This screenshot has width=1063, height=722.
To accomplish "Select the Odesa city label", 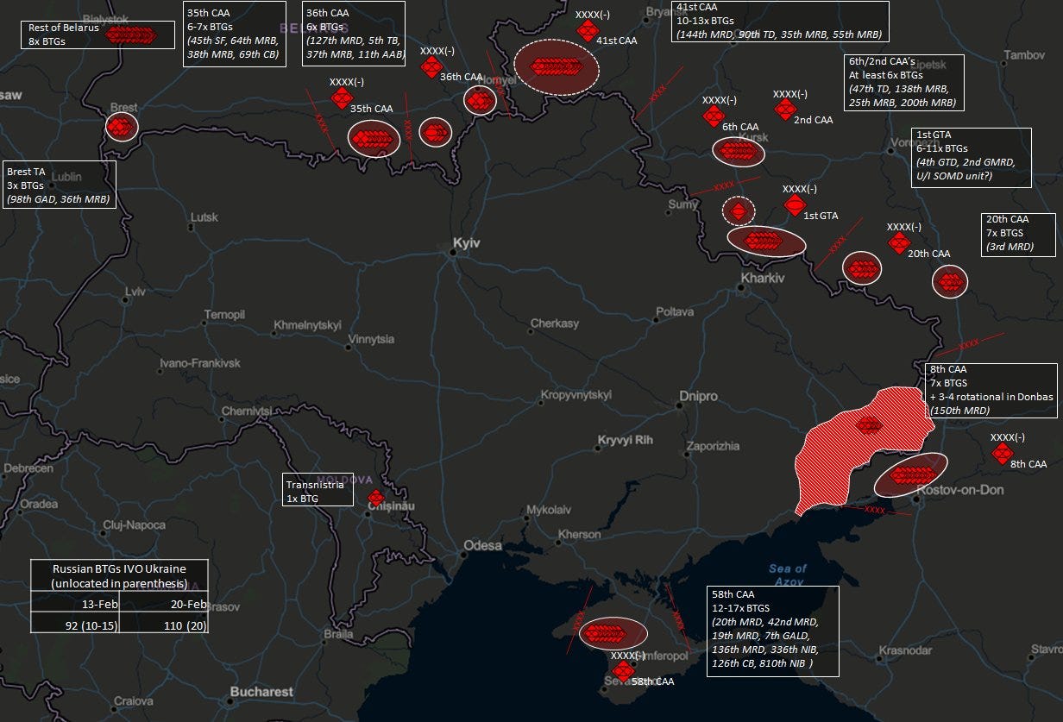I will (x=482, y=545).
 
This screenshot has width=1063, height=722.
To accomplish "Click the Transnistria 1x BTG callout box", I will (x=318, y=491).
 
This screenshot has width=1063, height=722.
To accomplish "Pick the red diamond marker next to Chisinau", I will (x=375, y=498).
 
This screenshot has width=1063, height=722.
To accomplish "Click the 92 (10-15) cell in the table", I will (x=75, y=622).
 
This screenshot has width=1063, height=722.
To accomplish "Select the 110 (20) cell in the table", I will (x=164, y=622).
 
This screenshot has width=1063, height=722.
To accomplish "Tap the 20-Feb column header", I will (x=164, y=603).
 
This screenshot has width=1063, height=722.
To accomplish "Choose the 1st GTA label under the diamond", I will (x=821, y=216).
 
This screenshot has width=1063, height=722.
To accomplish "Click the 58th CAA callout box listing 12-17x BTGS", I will (x=772, y=631).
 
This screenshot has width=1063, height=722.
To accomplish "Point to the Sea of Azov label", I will (x=787, y=574).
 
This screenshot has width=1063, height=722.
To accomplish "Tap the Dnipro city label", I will (x=698, y=396).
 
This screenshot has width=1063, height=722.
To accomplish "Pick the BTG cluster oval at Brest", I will (x=122, y=127).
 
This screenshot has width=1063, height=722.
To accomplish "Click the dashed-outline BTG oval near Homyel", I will (x=555, y=66).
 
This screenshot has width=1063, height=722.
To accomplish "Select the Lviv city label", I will (x=135, y=292).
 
